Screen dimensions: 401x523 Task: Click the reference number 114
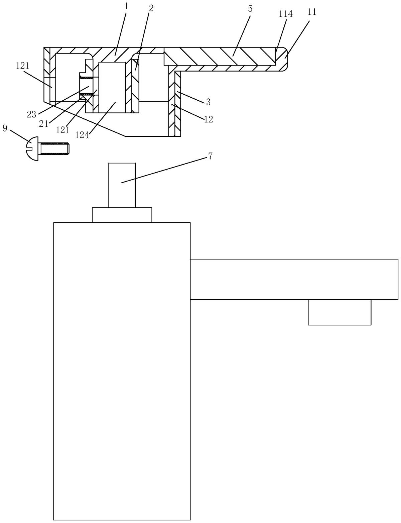286,14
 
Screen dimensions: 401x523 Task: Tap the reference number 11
312,12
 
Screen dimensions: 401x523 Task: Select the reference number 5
250,9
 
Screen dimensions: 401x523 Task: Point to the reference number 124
82,135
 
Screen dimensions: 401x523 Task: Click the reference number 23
31,115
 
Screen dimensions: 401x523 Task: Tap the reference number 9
5,128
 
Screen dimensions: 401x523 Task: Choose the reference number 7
210,156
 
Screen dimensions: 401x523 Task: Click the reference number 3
208,102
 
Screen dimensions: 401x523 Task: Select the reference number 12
209,119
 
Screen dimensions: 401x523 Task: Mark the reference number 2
151,8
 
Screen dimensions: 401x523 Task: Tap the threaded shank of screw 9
55,148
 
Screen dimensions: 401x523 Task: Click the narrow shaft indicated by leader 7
122,185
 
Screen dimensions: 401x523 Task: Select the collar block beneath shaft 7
122,215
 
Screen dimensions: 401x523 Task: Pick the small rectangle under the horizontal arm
340,312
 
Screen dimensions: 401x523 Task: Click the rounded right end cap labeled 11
284,59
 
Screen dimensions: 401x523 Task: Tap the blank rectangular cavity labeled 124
112,87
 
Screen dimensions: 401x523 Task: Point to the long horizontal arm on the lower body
294,280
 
